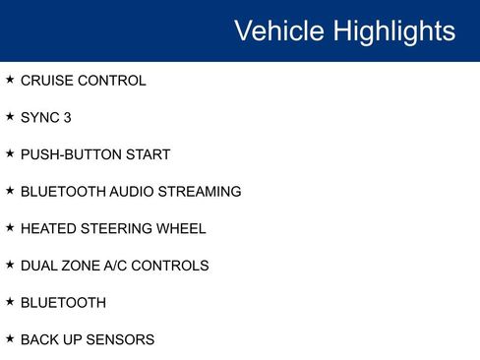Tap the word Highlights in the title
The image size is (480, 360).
[x=393, y=31]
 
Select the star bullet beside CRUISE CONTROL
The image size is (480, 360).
[x=10, y=80]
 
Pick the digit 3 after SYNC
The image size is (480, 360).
[x=67, y=118]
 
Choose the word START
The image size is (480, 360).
[x=149, y=154]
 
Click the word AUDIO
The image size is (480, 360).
[x=131, y=192]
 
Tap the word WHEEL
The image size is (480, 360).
[x=182, y=228]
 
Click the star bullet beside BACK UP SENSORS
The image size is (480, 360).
[x=10, y=338]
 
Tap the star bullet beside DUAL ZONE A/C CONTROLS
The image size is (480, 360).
[x=10, y=265]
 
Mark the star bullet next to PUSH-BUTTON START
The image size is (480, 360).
[x=10, y=153]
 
